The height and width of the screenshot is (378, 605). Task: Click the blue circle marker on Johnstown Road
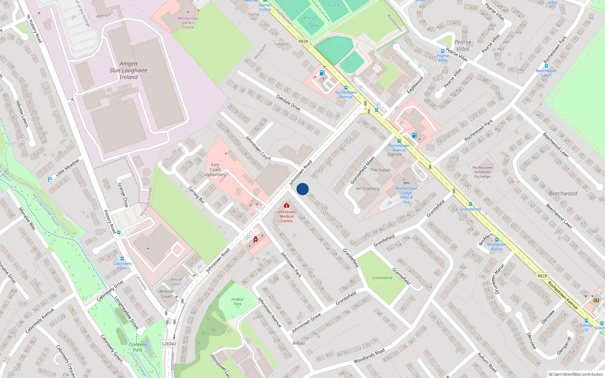[302, 189]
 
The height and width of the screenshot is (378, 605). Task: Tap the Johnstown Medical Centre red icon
[287, 205]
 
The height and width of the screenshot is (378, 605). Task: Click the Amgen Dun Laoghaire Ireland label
[129, 70]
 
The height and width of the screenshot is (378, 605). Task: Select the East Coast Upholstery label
[216, 170]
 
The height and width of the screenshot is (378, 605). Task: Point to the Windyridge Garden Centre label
[188, 23]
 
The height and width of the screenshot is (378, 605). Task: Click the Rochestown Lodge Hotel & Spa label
[406, 195]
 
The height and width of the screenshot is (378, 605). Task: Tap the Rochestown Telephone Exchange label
[482, 172]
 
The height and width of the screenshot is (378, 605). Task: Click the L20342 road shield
[169, 344]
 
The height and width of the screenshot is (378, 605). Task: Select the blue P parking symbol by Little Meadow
[50, 180]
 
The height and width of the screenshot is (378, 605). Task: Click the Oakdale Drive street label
[289, 102]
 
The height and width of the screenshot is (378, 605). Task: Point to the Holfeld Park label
[237, 301]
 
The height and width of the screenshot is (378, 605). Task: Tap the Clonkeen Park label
[138, 347]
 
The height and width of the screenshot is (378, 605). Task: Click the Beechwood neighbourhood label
[563, 194]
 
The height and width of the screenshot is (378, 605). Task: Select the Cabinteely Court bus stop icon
[122, 259]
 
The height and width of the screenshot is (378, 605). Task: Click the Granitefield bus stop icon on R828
[470, 204]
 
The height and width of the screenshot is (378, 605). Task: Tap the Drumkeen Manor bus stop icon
[496, 240]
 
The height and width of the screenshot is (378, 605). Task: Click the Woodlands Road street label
[369, 356]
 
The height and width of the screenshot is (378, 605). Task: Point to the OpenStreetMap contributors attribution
[576, 374]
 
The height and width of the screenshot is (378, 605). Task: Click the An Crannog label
[367, 189]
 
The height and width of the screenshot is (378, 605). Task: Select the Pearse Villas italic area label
[463, 45]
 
